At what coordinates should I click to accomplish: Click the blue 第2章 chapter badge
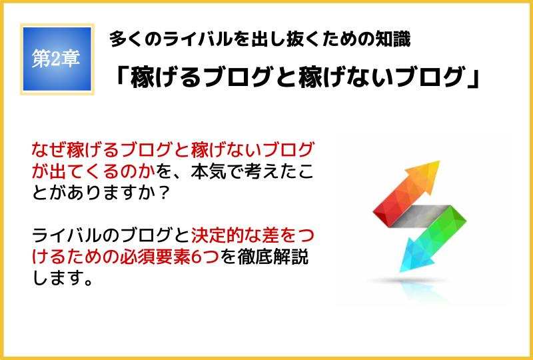pos(57,59)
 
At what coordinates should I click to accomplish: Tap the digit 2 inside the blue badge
pos(55,59)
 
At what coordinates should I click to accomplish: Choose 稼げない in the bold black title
pos(346,77)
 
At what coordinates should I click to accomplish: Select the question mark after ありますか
pos(165,193)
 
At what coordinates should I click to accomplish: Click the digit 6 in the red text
pos(195,257)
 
